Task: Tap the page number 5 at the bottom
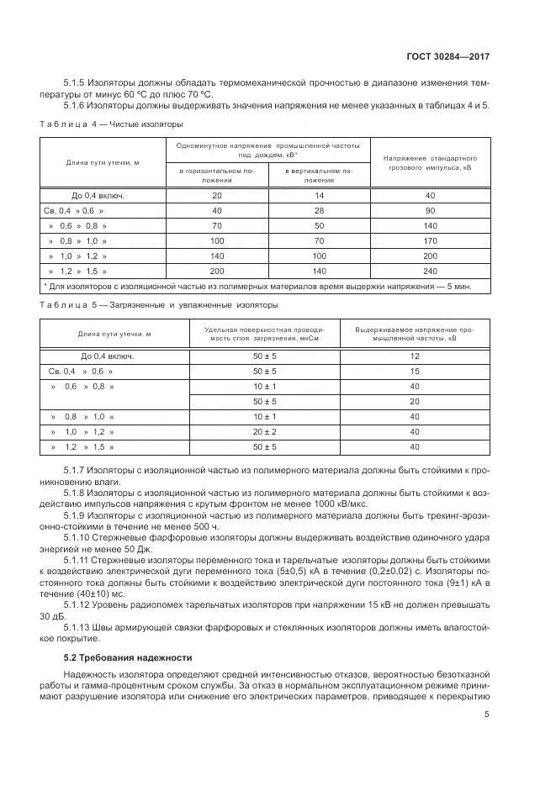(x=487, y=715)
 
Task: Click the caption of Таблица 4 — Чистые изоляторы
(x=111, y=124)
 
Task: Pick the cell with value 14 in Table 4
(x=319, y=195)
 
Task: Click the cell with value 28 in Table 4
(x=319, y=210)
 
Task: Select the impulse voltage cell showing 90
(x=431, y=210)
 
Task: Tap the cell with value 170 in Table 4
(x=431, y=240)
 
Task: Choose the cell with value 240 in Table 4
(x=431, y=271)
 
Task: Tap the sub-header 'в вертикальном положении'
(x=319, y=175)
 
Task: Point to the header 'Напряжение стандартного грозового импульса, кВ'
(x=431, y=162)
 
